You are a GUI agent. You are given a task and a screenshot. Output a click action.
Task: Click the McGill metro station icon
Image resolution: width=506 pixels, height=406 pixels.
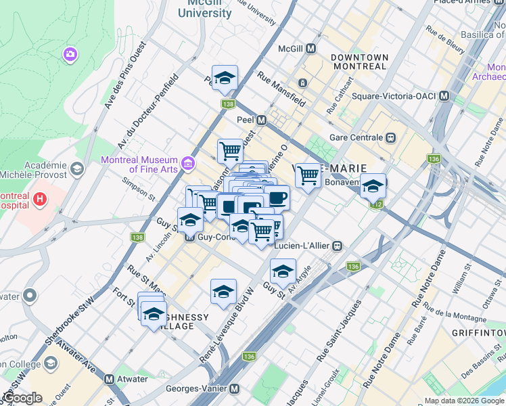click(311, 49)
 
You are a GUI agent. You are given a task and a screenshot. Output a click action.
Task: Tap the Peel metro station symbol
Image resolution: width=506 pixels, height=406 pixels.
click(261, 119)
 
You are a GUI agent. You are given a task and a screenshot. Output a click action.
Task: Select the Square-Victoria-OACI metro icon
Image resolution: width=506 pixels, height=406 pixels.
click(444, 96)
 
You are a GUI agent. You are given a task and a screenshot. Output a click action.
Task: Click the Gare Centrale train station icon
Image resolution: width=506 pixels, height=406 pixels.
click(390, 137)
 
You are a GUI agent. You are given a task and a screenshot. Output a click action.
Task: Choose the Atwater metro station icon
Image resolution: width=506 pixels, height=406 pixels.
click(109, 380)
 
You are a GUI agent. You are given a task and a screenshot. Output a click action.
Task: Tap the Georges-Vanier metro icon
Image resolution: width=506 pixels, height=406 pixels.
click(234, 389)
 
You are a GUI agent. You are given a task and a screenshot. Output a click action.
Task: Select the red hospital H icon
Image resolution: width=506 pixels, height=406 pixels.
click(40, 199)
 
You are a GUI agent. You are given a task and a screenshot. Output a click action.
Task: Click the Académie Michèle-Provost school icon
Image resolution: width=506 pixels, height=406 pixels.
click(76, 168)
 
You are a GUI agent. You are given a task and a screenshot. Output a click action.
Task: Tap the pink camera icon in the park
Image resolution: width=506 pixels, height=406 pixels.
click(70, 54)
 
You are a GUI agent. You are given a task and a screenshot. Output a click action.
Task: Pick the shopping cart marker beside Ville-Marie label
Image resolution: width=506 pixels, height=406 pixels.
click(308, 176)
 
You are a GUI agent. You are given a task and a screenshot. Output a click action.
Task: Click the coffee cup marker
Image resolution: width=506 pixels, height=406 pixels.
click(277, 198)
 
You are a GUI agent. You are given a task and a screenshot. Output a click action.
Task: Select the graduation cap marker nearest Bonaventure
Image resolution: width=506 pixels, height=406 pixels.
click(372, 185)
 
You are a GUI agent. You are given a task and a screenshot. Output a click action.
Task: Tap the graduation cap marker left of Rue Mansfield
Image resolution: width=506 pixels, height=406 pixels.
click(225, 78)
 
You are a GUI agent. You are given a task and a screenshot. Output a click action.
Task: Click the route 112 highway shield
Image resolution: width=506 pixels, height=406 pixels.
click(377, 204)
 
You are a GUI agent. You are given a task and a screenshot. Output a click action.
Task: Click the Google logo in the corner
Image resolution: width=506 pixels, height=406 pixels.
click(22, 398)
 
